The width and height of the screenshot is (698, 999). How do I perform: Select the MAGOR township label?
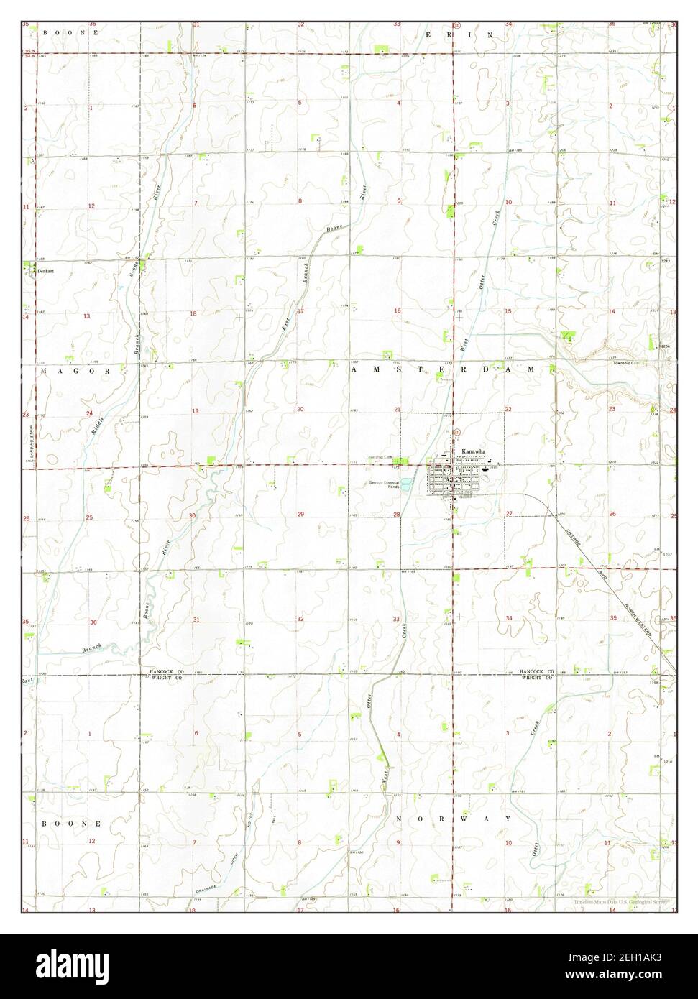point(75,371)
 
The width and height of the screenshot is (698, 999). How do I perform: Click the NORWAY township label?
point(454,819)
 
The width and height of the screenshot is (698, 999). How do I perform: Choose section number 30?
point(193,516)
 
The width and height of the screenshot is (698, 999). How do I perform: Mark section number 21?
point(397,409)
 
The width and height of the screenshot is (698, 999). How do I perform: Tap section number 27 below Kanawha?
point(508,513)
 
